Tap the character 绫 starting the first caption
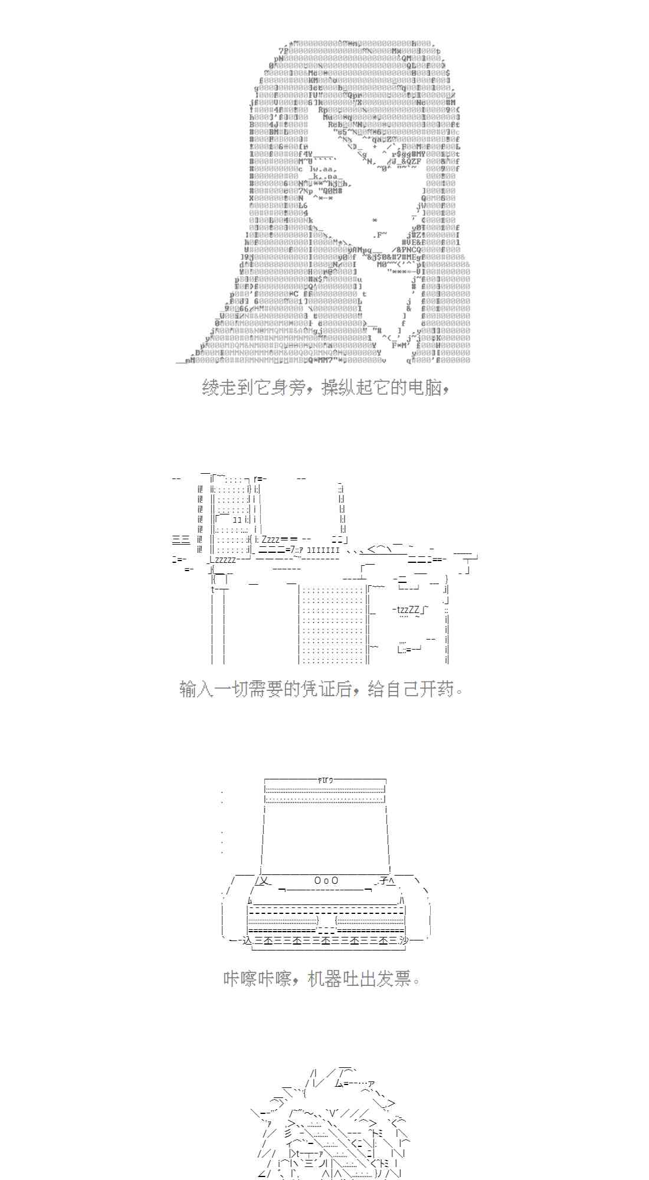211,388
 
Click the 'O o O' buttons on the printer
326,881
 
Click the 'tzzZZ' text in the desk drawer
407,609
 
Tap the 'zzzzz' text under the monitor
225,559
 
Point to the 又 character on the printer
264,881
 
